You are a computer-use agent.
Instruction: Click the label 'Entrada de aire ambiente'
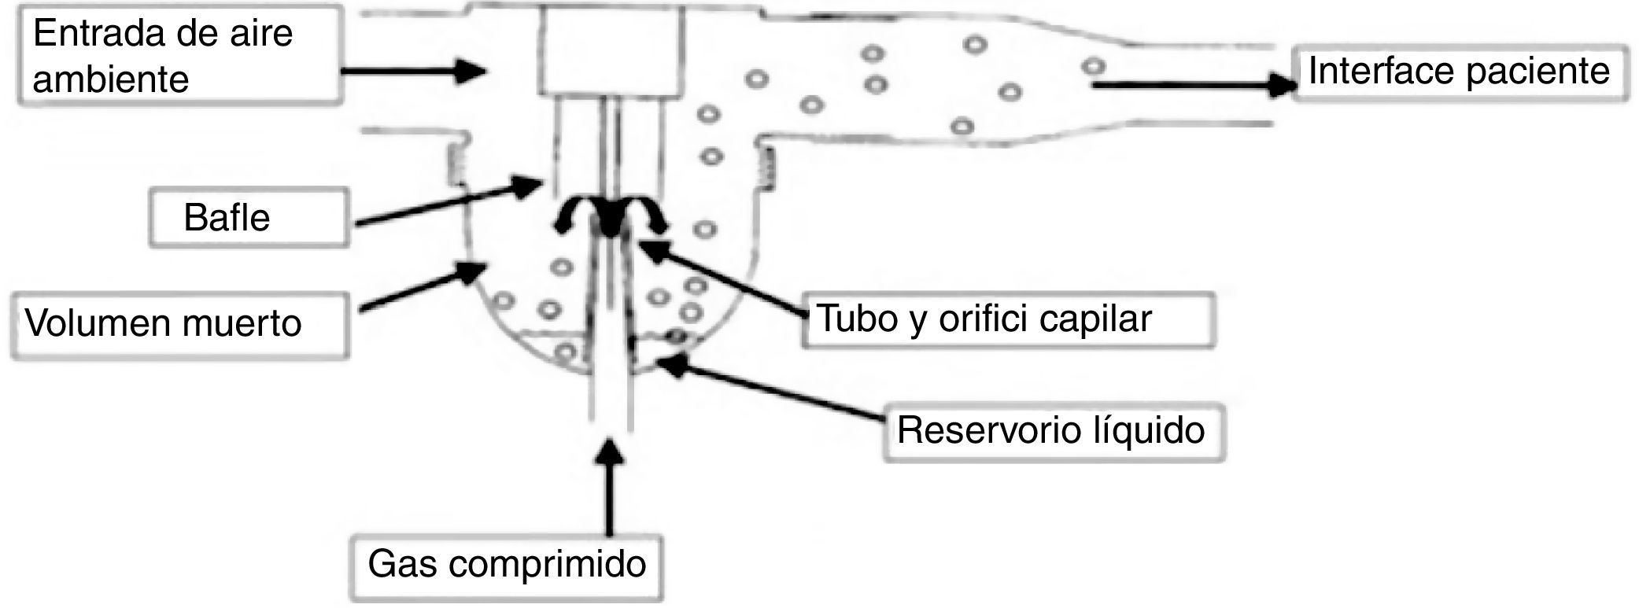(x=179, y=55)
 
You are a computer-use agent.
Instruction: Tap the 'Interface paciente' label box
(x=1460, y=72)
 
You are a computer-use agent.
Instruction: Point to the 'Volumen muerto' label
(x=179, y=324)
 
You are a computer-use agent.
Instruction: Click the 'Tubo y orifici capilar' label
(x=1007, y=319)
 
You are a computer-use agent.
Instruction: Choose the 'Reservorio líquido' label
(x=1053, y=431)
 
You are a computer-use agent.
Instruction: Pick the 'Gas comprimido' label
(x=508, y=565)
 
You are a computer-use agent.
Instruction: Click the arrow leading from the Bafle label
(x=449, y=202)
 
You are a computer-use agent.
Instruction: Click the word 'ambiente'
(x=111, y=79)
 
